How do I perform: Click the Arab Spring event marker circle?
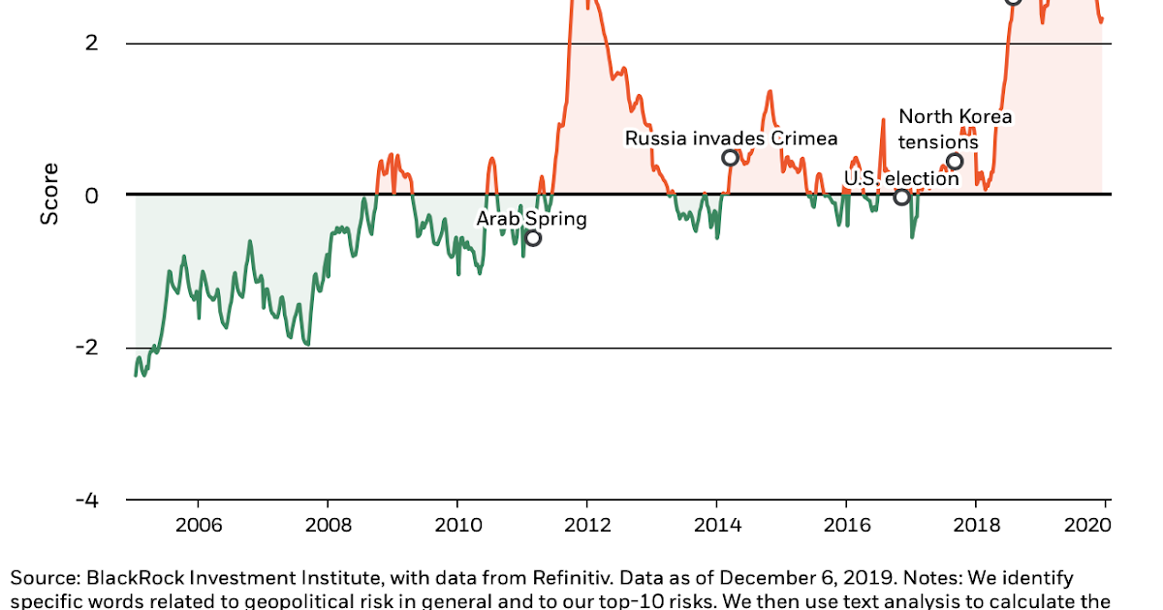pos(532,237)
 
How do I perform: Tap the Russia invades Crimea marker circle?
pos(730,158)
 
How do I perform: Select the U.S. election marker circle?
pos(901,197)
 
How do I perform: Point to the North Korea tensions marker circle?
pos(955,162)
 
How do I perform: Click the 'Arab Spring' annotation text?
pos(531,219)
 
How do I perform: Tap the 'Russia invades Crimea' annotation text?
pos(731,138)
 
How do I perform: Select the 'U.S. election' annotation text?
pos(901,178)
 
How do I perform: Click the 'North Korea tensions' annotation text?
pos(955,130)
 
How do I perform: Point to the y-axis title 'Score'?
pos(49,194)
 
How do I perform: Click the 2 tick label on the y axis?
pos(92,44)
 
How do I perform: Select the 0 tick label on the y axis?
pos(92,195)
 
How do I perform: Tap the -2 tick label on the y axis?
pos(87,348)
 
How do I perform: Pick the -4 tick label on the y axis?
pos(87,500)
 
